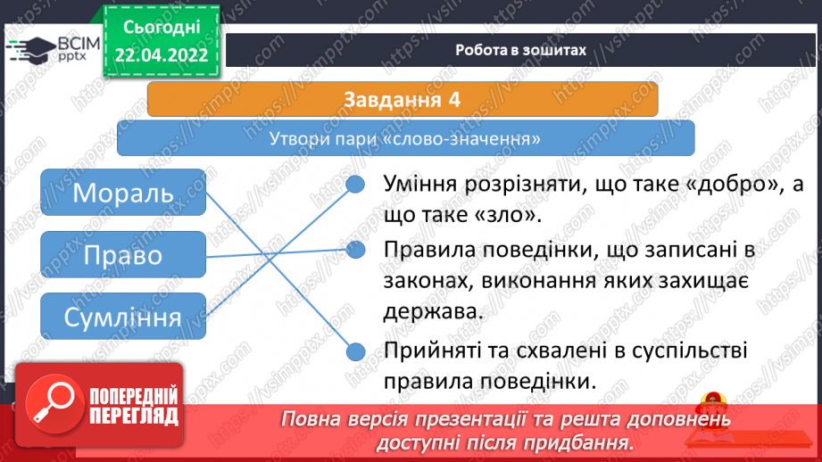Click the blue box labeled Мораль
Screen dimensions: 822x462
click(x=123, y=193)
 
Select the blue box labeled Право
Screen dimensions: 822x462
click(x=123, y=254)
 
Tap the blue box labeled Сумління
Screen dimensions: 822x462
click(x=123, y=317)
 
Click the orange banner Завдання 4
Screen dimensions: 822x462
click(x=403, y=99)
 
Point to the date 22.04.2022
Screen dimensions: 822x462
click(x=162, y=55)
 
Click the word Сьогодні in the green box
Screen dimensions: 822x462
click(x=162, y=28)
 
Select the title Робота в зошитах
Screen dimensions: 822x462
click(x=520, y=50)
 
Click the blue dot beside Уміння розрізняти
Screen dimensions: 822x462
click(x=355, y=184)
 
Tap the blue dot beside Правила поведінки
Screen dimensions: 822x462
click(x=355, y=250)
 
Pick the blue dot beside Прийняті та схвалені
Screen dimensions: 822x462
click(x=355, y=351)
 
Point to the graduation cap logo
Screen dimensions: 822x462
click(x=31, y=49)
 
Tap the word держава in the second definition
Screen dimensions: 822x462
click(x=433, y=312)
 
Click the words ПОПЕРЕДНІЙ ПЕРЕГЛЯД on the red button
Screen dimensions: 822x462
click(x=134, y=406)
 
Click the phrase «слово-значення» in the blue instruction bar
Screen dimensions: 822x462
click(x=467, y=139)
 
